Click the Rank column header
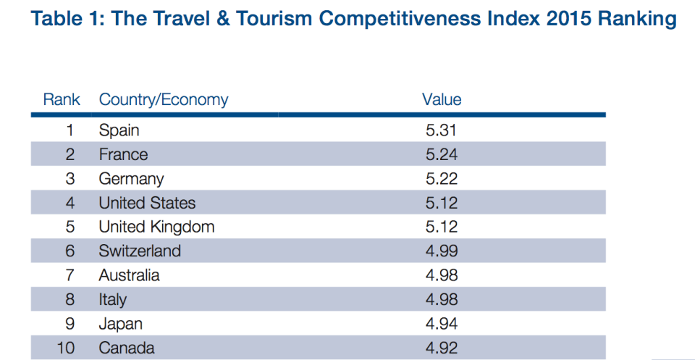pos(62,100)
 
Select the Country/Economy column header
pos(164,100)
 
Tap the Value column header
pos(442,100)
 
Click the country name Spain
pos(119,130)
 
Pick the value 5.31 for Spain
pos(442,130)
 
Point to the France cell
pos(124,154)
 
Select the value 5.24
pos(442,154)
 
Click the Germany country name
pos(132,179)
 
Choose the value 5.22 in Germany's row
pos(442,179)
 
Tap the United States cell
pos(148,203)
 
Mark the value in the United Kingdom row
pos(442,227)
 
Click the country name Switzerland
pos(140,251)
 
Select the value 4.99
pos(442,251)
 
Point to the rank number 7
pos(70,275)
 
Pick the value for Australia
pos(442,275)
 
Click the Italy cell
pos(113,300)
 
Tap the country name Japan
pos(121,324)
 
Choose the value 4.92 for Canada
pos(442,348)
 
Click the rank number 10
pos(67,348)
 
